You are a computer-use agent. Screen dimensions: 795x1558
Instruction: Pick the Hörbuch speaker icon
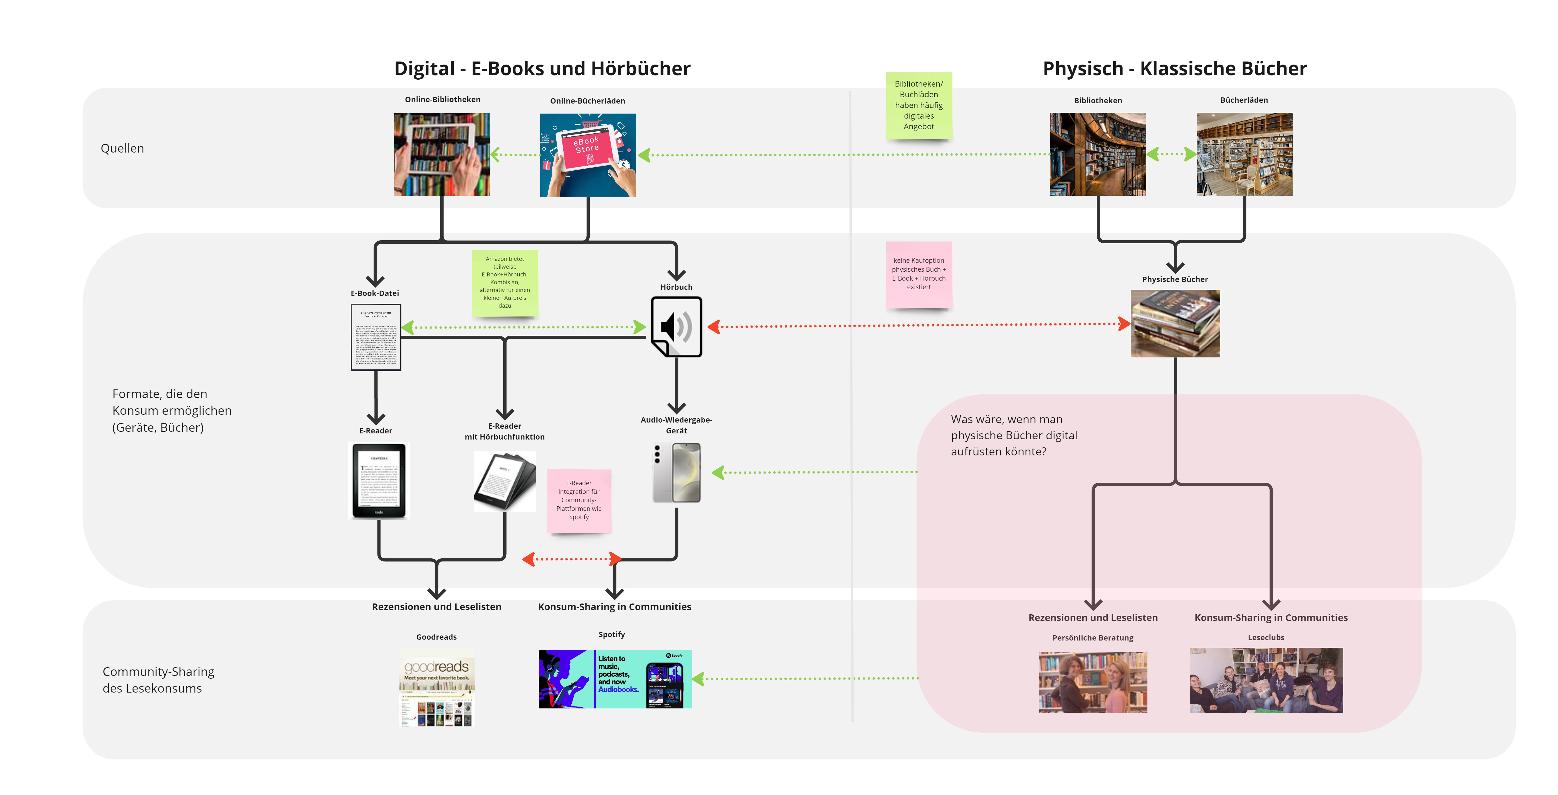coord(676,327)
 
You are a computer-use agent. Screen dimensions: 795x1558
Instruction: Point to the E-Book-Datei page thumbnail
coord(376,337)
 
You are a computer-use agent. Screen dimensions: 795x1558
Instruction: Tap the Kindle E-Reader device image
coord(379,481)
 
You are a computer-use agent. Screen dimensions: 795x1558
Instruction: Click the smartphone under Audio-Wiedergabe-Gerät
coord(677,473)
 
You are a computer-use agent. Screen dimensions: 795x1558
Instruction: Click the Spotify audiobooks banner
coord(614,679)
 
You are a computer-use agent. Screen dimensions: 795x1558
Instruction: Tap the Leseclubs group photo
coord(1266,680)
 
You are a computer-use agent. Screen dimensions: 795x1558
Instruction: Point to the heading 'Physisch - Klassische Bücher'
coord(1174,68)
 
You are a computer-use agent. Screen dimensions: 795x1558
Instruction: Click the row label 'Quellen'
coord(122,148)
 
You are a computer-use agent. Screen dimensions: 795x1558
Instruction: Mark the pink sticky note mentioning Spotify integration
coord(579,500)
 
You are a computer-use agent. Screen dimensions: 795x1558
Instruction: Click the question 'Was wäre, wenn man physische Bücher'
coord(1014,435)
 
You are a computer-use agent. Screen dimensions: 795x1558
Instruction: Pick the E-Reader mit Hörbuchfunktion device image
coord(504,482)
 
